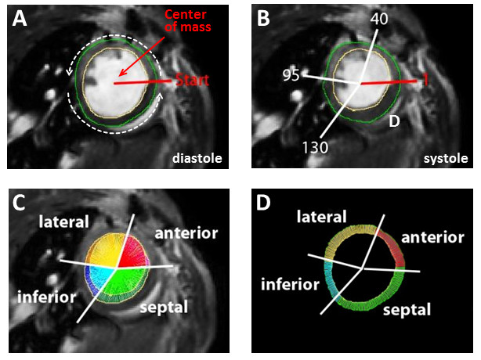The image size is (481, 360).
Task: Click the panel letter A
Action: [x=20, y=22]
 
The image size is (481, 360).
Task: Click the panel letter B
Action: [x=263, y=22]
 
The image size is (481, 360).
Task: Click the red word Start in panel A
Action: [x=191, y=81]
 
